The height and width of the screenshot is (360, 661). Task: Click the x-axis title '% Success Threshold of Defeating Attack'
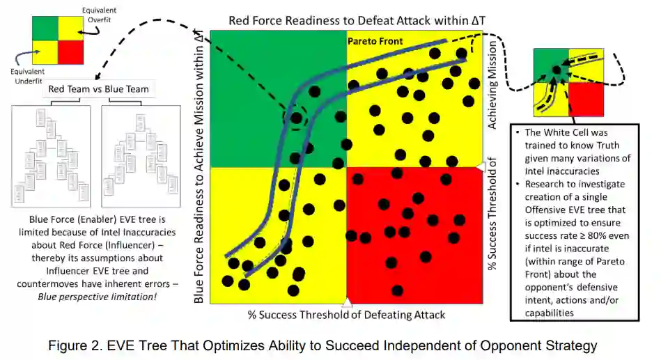pyautogui.click(x=346, y=315)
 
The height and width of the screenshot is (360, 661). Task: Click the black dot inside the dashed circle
pyautogui.click(x=297, y=118)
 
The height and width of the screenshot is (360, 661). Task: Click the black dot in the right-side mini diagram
pyautogui.click(x=556, y=70)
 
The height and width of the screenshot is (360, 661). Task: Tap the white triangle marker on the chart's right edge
pyautogui.click(x=479, y=167)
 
